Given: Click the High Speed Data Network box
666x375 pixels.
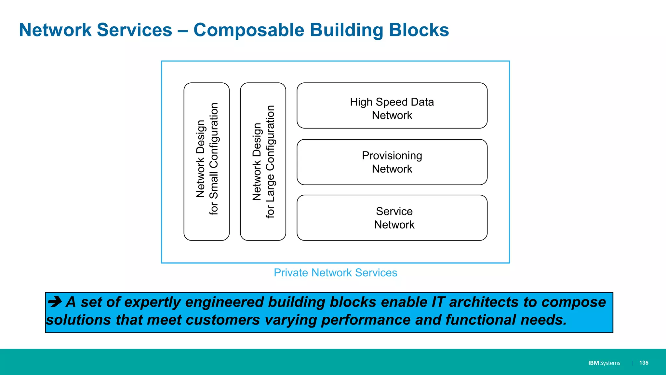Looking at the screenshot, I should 392,105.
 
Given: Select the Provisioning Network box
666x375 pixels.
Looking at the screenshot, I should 392,162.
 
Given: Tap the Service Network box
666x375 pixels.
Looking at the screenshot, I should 392,218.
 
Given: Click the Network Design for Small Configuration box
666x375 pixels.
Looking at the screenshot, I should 206,162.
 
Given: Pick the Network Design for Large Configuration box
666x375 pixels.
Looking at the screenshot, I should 263,162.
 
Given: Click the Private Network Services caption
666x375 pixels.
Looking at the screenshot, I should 335,273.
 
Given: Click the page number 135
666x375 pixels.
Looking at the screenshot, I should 644,363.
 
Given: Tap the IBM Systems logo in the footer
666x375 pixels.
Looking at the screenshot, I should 604,363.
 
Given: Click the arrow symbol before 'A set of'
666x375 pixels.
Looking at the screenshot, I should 55,301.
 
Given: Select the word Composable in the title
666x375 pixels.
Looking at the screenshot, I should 248,30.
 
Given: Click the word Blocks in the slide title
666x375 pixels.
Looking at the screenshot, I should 419,30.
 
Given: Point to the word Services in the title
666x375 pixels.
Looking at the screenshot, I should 134,30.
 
